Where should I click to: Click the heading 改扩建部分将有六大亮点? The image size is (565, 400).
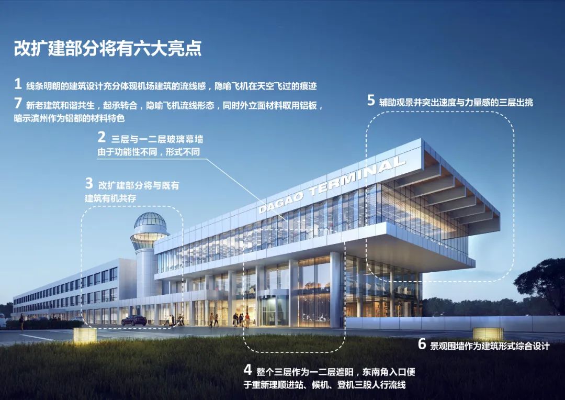tap(108, 48)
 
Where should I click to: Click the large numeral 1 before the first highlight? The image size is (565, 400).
tap(18, 84)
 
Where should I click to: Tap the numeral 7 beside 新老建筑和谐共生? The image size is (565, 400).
tap(18, 104)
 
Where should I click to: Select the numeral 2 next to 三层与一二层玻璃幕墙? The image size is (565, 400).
tap(101, 138)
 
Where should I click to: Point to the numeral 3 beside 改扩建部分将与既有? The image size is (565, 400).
tap(89, 184)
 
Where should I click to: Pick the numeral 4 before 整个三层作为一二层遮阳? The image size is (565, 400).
tap(248, 370)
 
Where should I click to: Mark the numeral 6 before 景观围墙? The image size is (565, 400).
tap(422, 345)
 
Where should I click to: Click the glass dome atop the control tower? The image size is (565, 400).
tap(150, 222)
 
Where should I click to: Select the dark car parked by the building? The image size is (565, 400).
tap(134, 320)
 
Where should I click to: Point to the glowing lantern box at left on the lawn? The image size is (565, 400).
tap(85, 335)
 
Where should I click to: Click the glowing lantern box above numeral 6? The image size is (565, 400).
tap(488, 334)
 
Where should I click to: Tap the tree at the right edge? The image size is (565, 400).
tap(544, 283)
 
